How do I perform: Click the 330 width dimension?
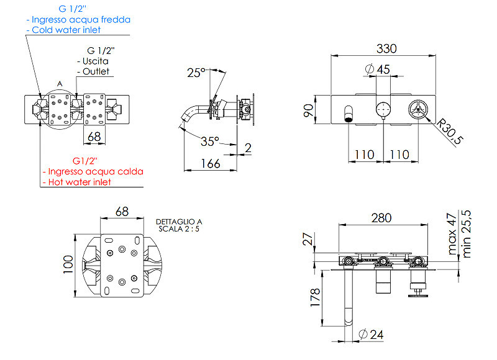click(x=386, y=49)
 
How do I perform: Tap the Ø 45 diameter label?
click(x=378, y=70)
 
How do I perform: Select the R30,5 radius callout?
click(x=449, y=132)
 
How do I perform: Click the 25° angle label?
click(x=196, y=73)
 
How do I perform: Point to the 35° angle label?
click(x=210, y=142)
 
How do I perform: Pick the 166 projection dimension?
click(x=211, y=164)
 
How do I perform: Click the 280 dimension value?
click(x=381, y=218)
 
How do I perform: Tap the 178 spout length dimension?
click(x=316, y=297)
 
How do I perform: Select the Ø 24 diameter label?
click(x=371, y=335)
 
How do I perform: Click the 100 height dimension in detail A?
click(x=68, y=264)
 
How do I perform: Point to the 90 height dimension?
click(x=308, y=110)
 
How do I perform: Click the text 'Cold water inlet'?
click(x=66, y=30)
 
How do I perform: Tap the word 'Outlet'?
click(x=96, y=71)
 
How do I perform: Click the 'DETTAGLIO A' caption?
click(x=179, y=222)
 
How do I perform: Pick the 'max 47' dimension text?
click(x=452, y=234)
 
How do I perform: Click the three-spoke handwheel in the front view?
click(x=418, y=109)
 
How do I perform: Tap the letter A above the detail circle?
click(x=60, y=84)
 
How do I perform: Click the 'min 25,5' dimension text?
click(x=467, y=234)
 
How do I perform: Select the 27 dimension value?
click(x=308, y=239)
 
